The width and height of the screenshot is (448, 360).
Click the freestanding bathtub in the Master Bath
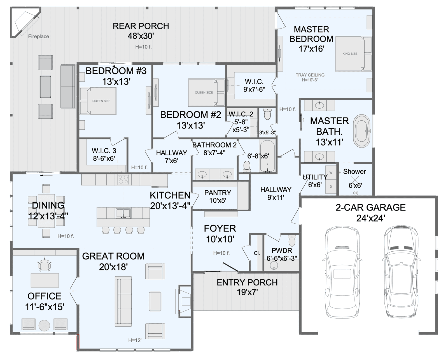click(x=362, y=131)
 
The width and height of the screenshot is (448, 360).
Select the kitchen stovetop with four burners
click(x=123, y=179)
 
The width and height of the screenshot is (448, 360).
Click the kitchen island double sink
click(x=123, y=213)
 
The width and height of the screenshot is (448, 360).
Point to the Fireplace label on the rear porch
click(x=39, y=36)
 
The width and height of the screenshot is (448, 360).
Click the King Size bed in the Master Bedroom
click(x=353, y=54)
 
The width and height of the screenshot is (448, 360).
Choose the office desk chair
click(x=44, y=265)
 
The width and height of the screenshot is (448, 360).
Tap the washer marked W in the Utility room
click(x=331, y=172)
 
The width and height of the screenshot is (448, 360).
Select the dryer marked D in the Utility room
click(x=331, y=186)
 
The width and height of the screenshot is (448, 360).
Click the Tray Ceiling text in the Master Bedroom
click(x=310, y=75)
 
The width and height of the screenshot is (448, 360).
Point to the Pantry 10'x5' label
click(x=218, y=196)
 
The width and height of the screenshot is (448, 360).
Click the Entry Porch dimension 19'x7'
click(x=247, y=292)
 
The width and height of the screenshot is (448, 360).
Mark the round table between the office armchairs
click(x=44, y=326)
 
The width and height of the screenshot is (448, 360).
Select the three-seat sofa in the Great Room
click(x=123, y=301)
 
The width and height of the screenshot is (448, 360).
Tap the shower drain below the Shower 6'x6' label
click(x=356, y=193)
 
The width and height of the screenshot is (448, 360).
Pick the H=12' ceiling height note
click(x=135, y=340)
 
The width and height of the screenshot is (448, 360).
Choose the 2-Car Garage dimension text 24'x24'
click(x=371, y=218)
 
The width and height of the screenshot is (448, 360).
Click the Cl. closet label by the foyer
click(x=257, y=253)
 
